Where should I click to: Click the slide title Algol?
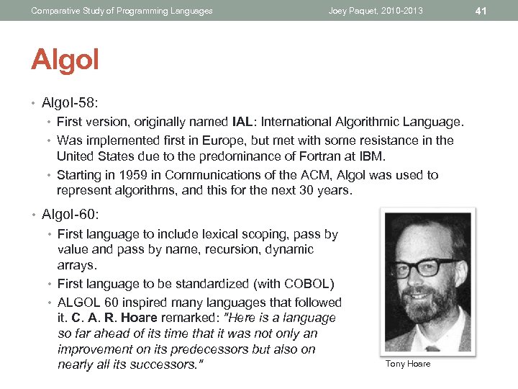pyautogui.click(x=65, y=60)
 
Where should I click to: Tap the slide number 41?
pyautogui.click(x=501, y=10)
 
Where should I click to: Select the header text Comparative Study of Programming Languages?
pyautogui.click(x=122, y=11)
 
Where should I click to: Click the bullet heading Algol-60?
pyautogui.click(x=70, y=214)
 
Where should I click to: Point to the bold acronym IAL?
pyautogui.click(x=243, y=122)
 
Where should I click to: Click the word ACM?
pyautogui.click(x=273, y=175)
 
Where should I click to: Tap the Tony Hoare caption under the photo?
pyautogui.click(x=408, y=364)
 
